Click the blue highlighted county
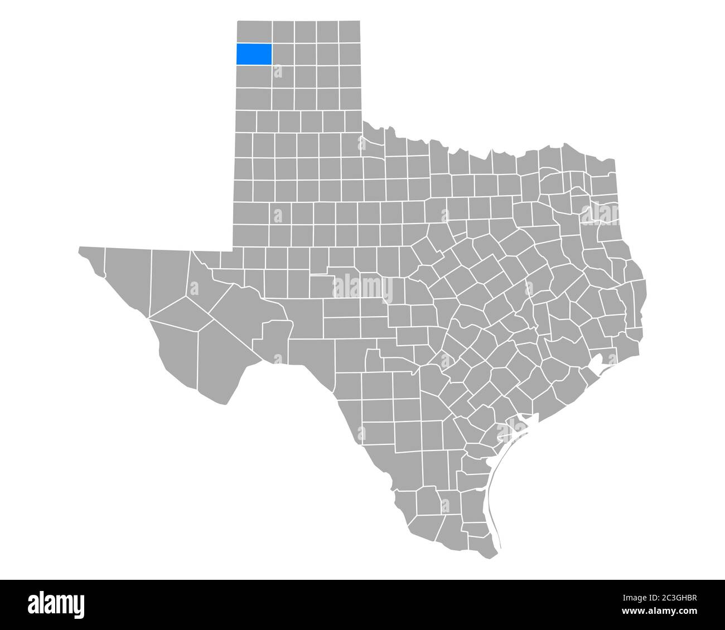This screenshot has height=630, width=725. click(254, 54)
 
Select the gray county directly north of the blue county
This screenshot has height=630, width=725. click(254, 32)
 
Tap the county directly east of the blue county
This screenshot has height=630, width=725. click(283, 54)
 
